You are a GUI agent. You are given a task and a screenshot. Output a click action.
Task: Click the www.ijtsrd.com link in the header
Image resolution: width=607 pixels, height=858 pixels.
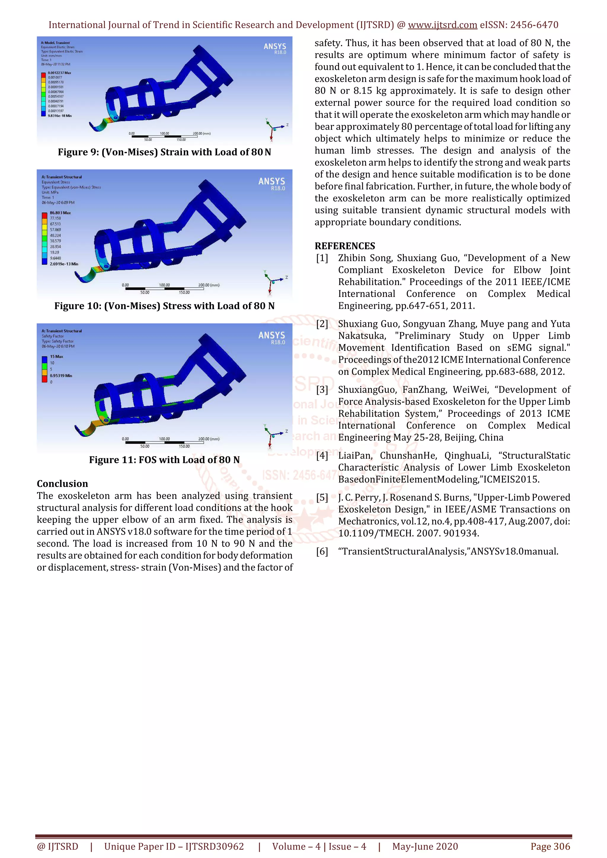click(x=442, y=25)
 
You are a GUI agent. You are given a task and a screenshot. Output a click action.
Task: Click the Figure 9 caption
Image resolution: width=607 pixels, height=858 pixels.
click(x=164, y=152)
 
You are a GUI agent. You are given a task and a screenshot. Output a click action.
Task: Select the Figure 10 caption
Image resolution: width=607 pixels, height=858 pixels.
click(x=164, y=306)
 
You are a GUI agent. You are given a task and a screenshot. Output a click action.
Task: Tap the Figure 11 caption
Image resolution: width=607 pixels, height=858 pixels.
click(x=164, y=460)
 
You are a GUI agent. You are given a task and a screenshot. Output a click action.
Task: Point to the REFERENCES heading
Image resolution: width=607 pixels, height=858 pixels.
click(x=345, y=246)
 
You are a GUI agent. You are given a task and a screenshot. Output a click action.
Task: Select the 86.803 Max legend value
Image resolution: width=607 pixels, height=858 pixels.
click(x=60, y=213)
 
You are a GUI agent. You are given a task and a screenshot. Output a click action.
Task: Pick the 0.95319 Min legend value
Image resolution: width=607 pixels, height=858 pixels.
click(x=61, y=376)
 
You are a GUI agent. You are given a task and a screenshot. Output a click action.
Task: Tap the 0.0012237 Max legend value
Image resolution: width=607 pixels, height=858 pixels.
click(x=60, y=73)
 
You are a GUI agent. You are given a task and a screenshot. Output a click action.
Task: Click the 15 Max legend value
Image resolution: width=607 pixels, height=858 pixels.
click(x=57, y=356)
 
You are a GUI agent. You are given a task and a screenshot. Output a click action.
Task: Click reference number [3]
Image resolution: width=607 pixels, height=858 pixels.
click(x=322, y=390)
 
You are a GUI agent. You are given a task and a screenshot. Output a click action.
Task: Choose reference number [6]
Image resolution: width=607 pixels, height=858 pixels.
click(x=322, y=552)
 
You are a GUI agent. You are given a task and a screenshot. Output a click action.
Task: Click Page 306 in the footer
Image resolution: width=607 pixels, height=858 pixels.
click(x=550, y=846)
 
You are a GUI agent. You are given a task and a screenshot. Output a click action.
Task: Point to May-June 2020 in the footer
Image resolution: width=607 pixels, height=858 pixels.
click(x=425, y=846)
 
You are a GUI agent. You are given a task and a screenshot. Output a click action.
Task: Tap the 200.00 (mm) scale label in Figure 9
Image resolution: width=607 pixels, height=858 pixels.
click(x=202, y=134)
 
